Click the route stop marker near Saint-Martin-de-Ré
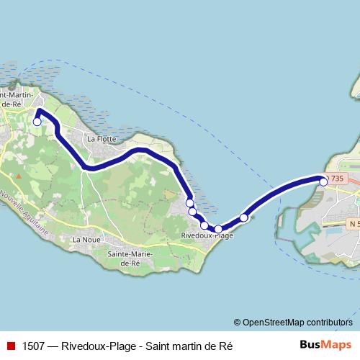(37, 122)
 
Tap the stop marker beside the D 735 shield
(323, 182)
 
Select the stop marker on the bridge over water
(244, 217)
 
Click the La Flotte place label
(101, 138)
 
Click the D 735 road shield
(336, 178)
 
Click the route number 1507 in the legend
(34, 346)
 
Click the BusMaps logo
(325, 345)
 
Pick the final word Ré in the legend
(226, 346)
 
